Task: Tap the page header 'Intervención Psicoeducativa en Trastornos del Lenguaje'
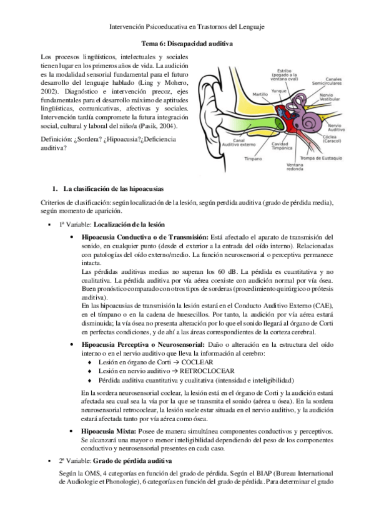tap(187, 27)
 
